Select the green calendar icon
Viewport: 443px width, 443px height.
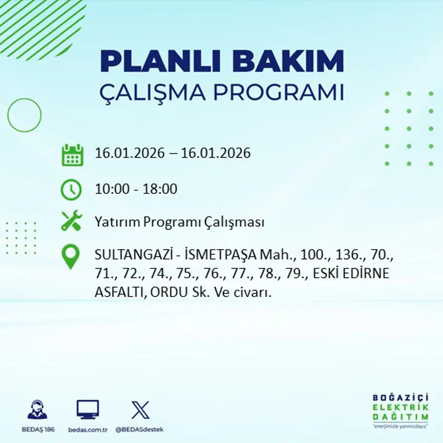pyautogui.click(x=72, y=155)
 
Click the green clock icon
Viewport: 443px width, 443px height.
pyautogui.click(x=71, y=190)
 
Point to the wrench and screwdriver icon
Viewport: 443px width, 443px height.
pyautogui.click(x=71, y=221)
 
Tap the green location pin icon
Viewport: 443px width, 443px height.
pyautogui.click(x=70, y=256)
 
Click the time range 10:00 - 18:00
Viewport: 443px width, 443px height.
pyautogui.click(x=136, y=189)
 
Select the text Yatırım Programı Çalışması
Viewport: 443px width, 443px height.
pyautogui.click(x=179, y=222)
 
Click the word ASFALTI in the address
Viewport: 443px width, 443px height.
pyautogui.click(x=118, y=292)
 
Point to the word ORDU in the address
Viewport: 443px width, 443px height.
pyautogui.click(x=165, y=292)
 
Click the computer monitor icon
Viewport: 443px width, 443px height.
pyautogui.click(x=88, y=409)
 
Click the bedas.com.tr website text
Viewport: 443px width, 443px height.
pyautogui.click(x=88, y=429)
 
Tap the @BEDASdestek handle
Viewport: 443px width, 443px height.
pyautogui.click(x=139, y=429)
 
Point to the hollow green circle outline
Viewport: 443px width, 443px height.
pyautogui.click(x=24, y=115)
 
